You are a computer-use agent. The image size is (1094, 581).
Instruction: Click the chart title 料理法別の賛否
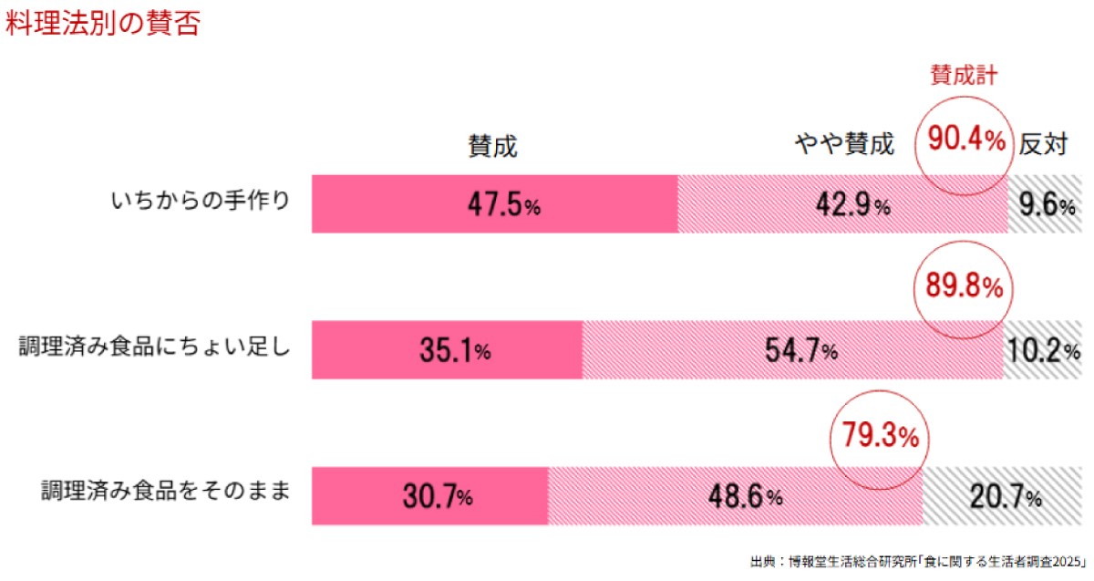pyautogui.click(x=102, y=24)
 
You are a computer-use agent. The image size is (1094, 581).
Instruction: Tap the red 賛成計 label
pyautogui.click(x=964, y=76)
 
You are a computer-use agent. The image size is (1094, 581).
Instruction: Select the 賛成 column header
pyautogui.click(x=493, y=145)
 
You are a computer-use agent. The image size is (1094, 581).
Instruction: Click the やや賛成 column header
pyautogui.click(x=845, y=143)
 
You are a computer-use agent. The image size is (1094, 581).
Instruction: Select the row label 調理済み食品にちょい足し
pyautogui.click(x=155, y=348)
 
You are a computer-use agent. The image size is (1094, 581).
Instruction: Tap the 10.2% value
pyautogui.click(x=1046, y=351)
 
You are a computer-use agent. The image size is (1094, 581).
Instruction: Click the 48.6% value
pyautogui.click(x=745, y=497)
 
